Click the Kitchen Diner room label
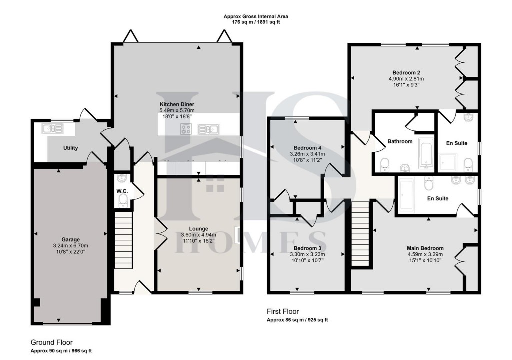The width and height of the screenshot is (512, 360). point(173,104)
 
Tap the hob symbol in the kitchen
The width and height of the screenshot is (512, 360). point(186,129)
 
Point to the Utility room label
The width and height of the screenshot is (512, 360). point(70,148)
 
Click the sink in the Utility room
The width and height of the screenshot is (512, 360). point(52,128)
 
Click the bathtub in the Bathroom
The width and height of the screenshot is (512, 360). point(426,152)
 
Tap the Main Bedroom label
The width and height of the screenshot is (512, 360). point(425,248)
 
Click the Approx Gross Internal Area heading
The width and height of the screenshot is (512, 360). point(255,16)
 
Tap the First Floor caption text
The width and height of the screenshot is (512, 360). point(283,311)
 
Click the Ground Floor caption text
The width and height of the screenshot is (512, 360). point(52,342)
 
